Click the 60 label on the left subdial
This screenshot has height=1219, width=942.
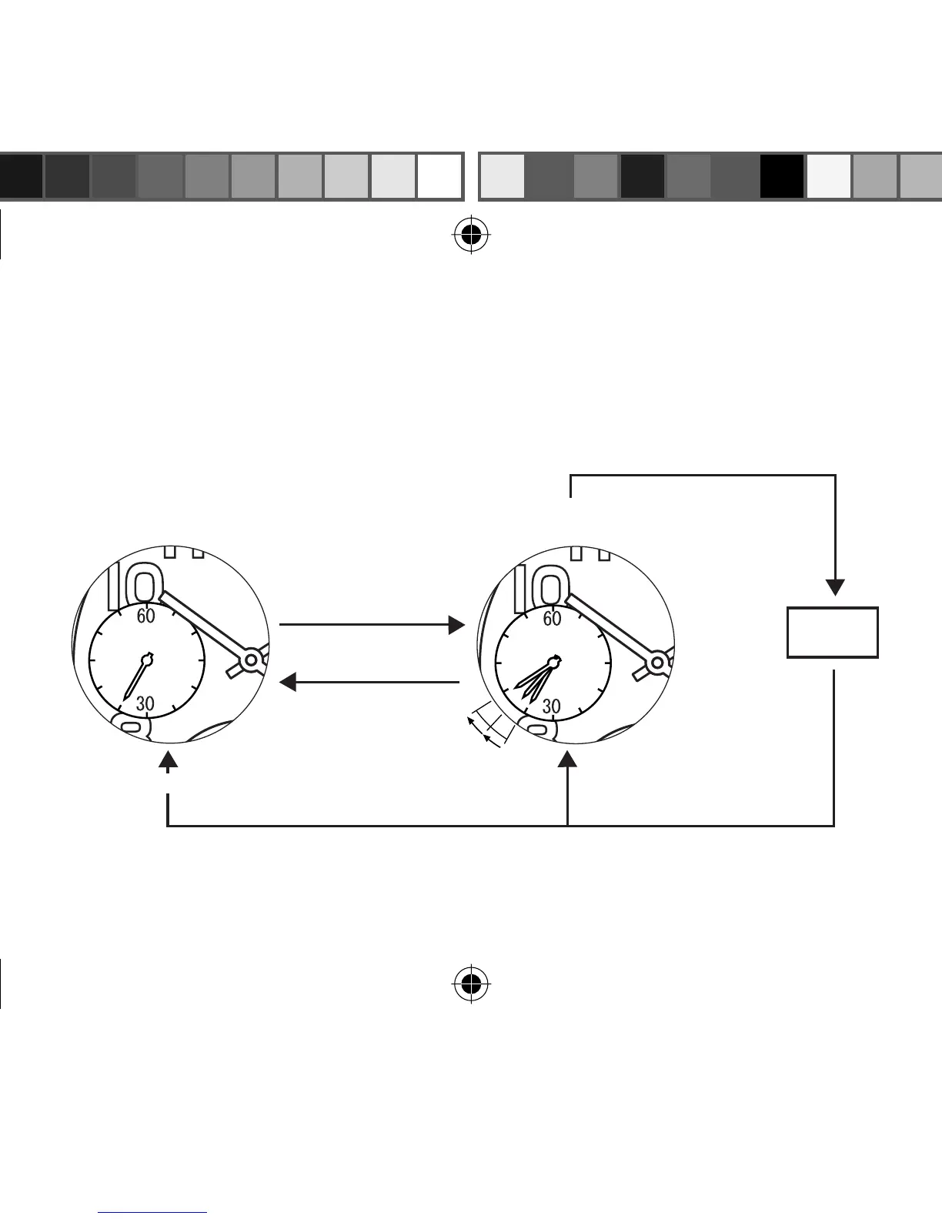click(x=145, y=616)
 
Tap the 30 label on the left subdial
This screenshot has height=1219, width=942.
click(x=145, y=703)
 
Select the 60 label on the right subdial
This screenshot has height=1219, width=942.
click(x=552, y=618)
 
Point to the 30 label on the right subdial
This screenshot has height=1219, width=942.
click(x=551, y=706)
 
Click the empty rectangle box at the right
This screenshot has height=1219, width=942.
click(x=832, y=633)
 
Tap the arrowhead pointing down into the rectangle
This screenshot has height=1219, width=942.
click(x=835, y=586)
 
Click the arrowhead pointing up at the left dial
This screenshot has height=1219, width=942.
click(x=168, y=761)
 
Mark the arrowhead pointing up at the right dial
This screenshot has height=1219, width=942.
click(x=567, y=761)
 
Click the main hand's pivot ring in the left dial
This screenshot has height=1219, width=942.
click(x=250, y=660)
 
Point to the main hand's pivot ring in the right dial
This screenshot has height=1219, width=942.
click(x=656, y=662)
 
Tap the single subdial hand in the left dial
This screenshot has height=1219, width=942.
click(x=135, y=678)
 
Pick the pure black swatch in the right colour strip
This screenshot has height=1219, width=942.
click(x=782, y=176)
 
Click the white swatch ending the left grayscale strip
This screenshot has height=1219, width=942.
click(x=439, y=176)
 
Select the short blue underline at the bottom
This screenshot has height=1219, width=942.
click(x=153, y=1213)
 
